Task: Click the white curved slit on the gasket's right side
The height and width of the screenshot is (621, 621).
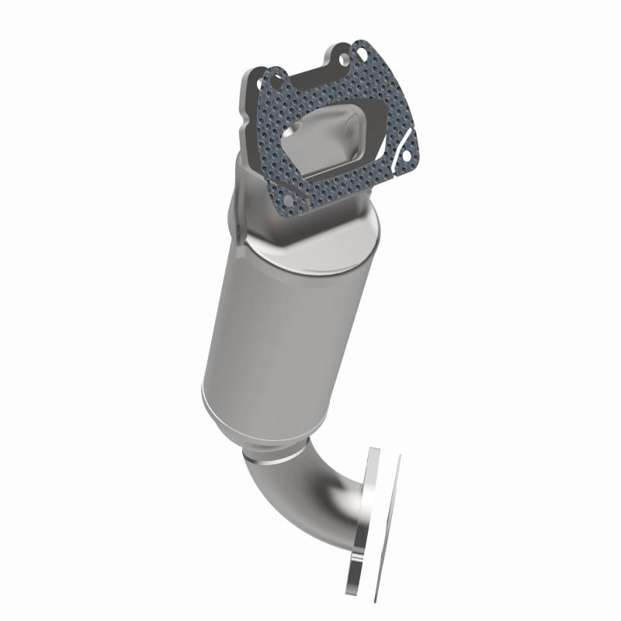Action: coord(401,147)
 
